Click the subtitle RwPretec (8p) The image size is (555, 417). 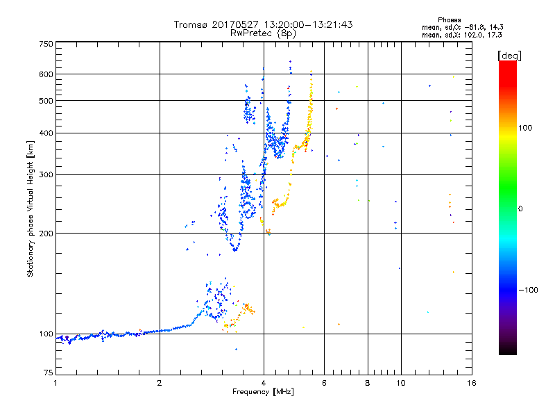click(x=263, y=33)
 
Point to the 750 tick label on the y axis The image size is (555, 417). click(x=46, y=44)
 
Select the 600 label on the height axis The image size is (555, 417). click(x=46, y=74)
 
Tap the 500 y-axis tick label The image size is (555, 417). click(x=46, y=101)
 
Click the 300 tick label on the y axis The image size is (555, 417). click(x=46, y=175)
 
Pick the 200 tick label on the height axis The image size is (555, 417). click(x=46, y=234)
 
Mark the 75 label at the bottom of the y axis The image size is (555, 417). click(x=49, y=373)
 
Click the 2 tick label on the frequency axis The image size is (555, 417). click(x=160, y=383)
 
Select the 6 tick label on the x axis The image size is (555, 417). click(x=324, y=383)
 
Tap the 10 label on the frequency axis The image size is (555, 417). click(x=401, y=383)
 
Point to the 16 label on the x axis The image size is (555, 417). click(x=472, y=383)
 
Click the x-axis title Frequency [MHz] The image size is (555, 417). click(x=263, y=392)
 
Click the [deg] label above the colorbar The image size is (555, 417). click(x=509, y=56)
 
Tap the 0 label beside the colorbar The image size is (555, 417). click(x=520, y=209)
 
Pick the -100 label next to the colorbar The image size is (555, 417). click(x=529, y=290)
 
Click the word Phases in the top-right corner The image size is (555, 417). click(x=449, y=20)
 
